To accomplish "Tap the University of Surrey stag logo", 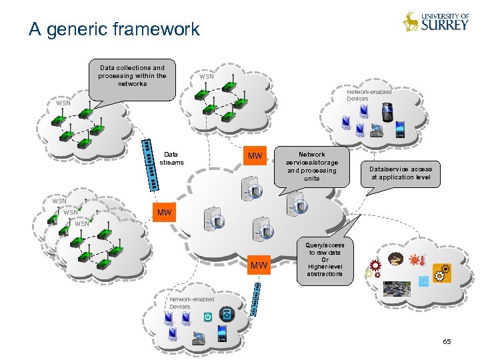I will click(x=411, y=22).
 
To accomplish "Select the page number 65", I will click(x=447, y=341).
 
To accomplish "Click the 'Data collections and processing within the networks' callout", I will click(x=132, y=76).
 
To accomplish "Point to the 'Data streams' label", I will click(x=172, y=158).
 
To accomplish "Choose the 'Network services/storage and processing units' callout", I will click(x=311, y=166).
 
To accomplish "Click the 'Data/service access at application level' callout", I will click(x=401, y=173).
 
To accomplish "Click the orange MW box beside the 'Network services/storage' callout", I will click(x=255, y=157).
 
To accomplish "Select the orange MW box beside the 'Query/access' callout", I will click(x=259, y=266).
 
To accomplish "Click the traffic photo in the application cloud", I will click(x=397, y=289).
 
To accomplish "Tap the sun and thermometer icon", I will click(x=417, y=260).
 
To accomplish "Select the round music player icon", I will click(x=227, y=313).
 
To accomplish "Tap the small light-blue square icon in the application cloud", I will click(x=423, y=281).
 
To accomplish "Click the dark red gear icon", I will click(x=375, y=265).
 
